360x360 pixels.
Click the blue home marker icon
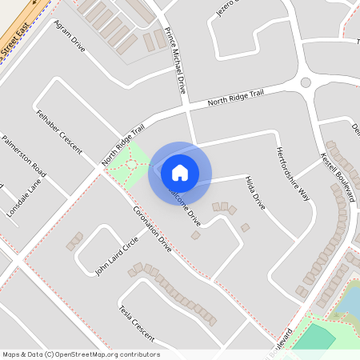(180, 172)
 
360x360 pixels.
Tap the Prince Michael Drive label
(174, 61)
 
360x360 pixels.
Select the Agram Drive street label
(68, 36)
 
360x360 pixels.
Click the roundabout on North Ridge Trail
(305, 82)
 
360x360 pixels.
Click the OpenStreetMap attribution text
(80, 354)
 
